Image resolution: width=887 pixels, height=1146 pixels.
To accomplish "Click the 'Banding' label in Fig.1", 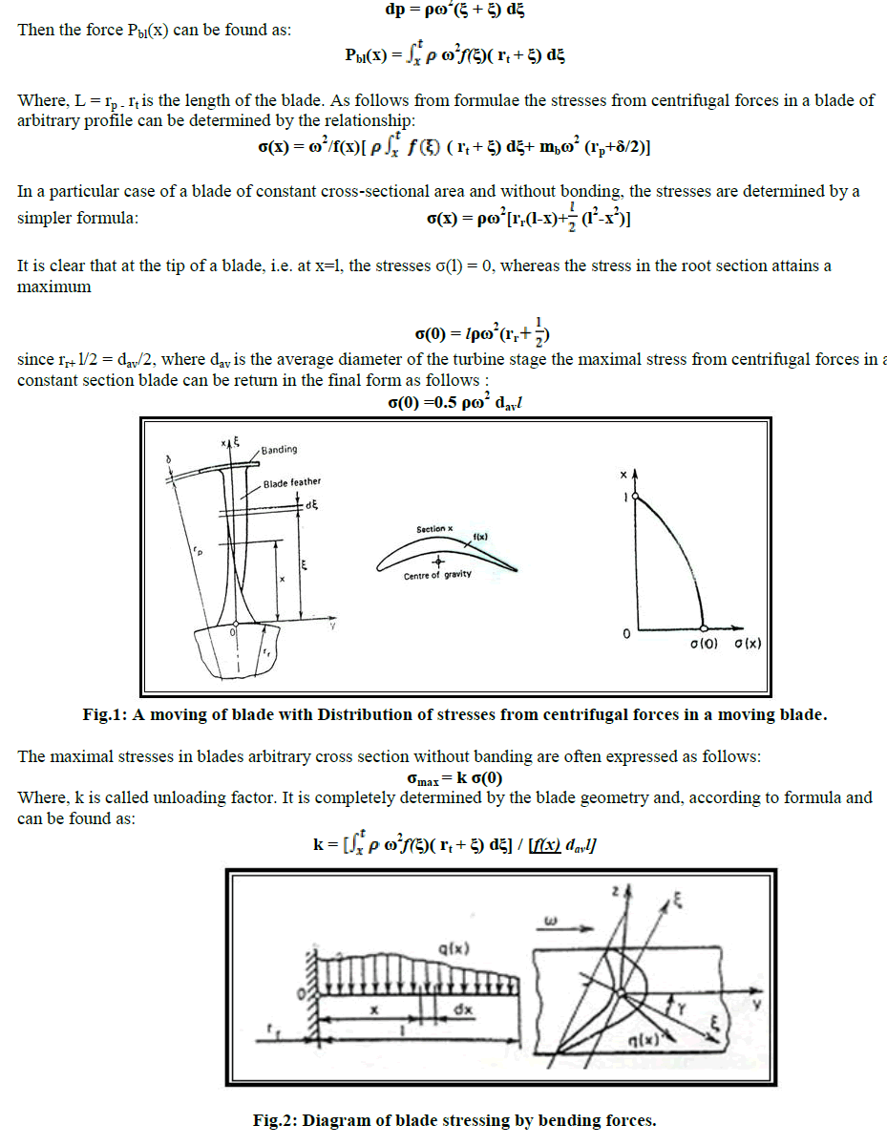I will coord(278,450).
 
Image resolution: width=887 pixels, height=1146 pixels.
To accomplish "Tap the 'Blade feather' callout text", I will coord(292,482).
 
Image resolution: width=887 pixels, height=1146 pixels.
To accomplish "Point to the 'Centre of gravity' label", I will coord(436,576).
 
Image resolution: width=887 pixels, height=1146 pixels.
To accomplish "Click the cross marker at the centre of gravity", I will coord(437,561).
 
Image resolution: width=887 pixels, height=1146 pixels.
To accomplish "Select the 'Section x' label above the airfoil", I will coord(434,529).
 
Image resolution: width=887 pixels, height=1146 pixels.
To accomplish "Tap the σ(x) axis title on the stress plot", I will coord(747,645).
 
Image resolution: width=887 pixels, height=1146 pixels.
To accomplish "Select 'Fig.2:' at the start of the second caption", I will coord(274,1120).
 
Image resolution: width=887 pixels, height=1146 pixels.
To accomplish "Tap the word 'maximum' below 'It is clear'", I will coord(54,286).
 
